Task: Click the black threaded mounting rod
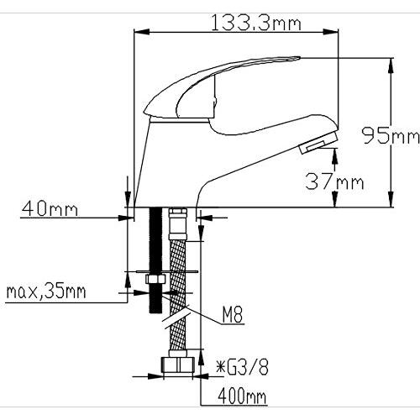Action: pos(155,252)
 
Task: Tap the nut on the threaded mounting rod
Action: pos(154,281)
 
